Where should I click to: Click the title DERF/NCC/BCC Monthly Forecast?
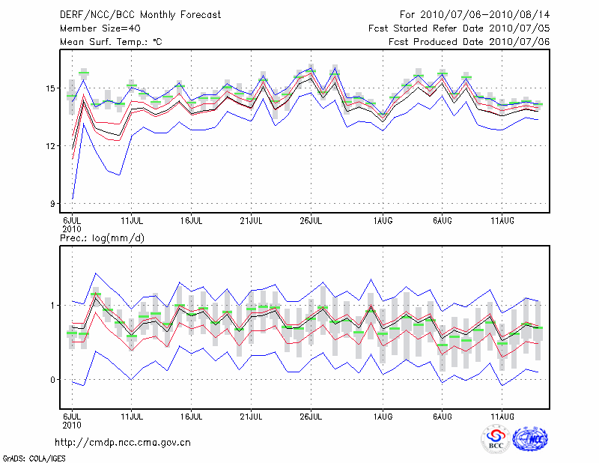[x=140, y=15]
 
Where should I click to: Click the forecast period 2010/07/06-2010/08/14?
[x=475, y=15]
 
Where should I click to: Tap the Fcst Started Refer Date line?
[x=459, y=28]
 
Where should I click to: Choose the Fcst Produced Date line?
[x=469, y=42]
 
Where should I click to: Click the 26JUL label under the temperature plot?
[x=311, y=221]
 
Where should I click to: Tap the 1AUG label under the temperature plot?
[x=383, y=221]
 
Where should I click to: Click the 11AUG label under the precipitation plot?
[x=502, y=414]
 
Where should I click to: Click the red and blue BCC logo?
[x=496, y=440]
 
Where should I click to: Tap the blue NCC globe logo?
[x=530, y=440]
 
